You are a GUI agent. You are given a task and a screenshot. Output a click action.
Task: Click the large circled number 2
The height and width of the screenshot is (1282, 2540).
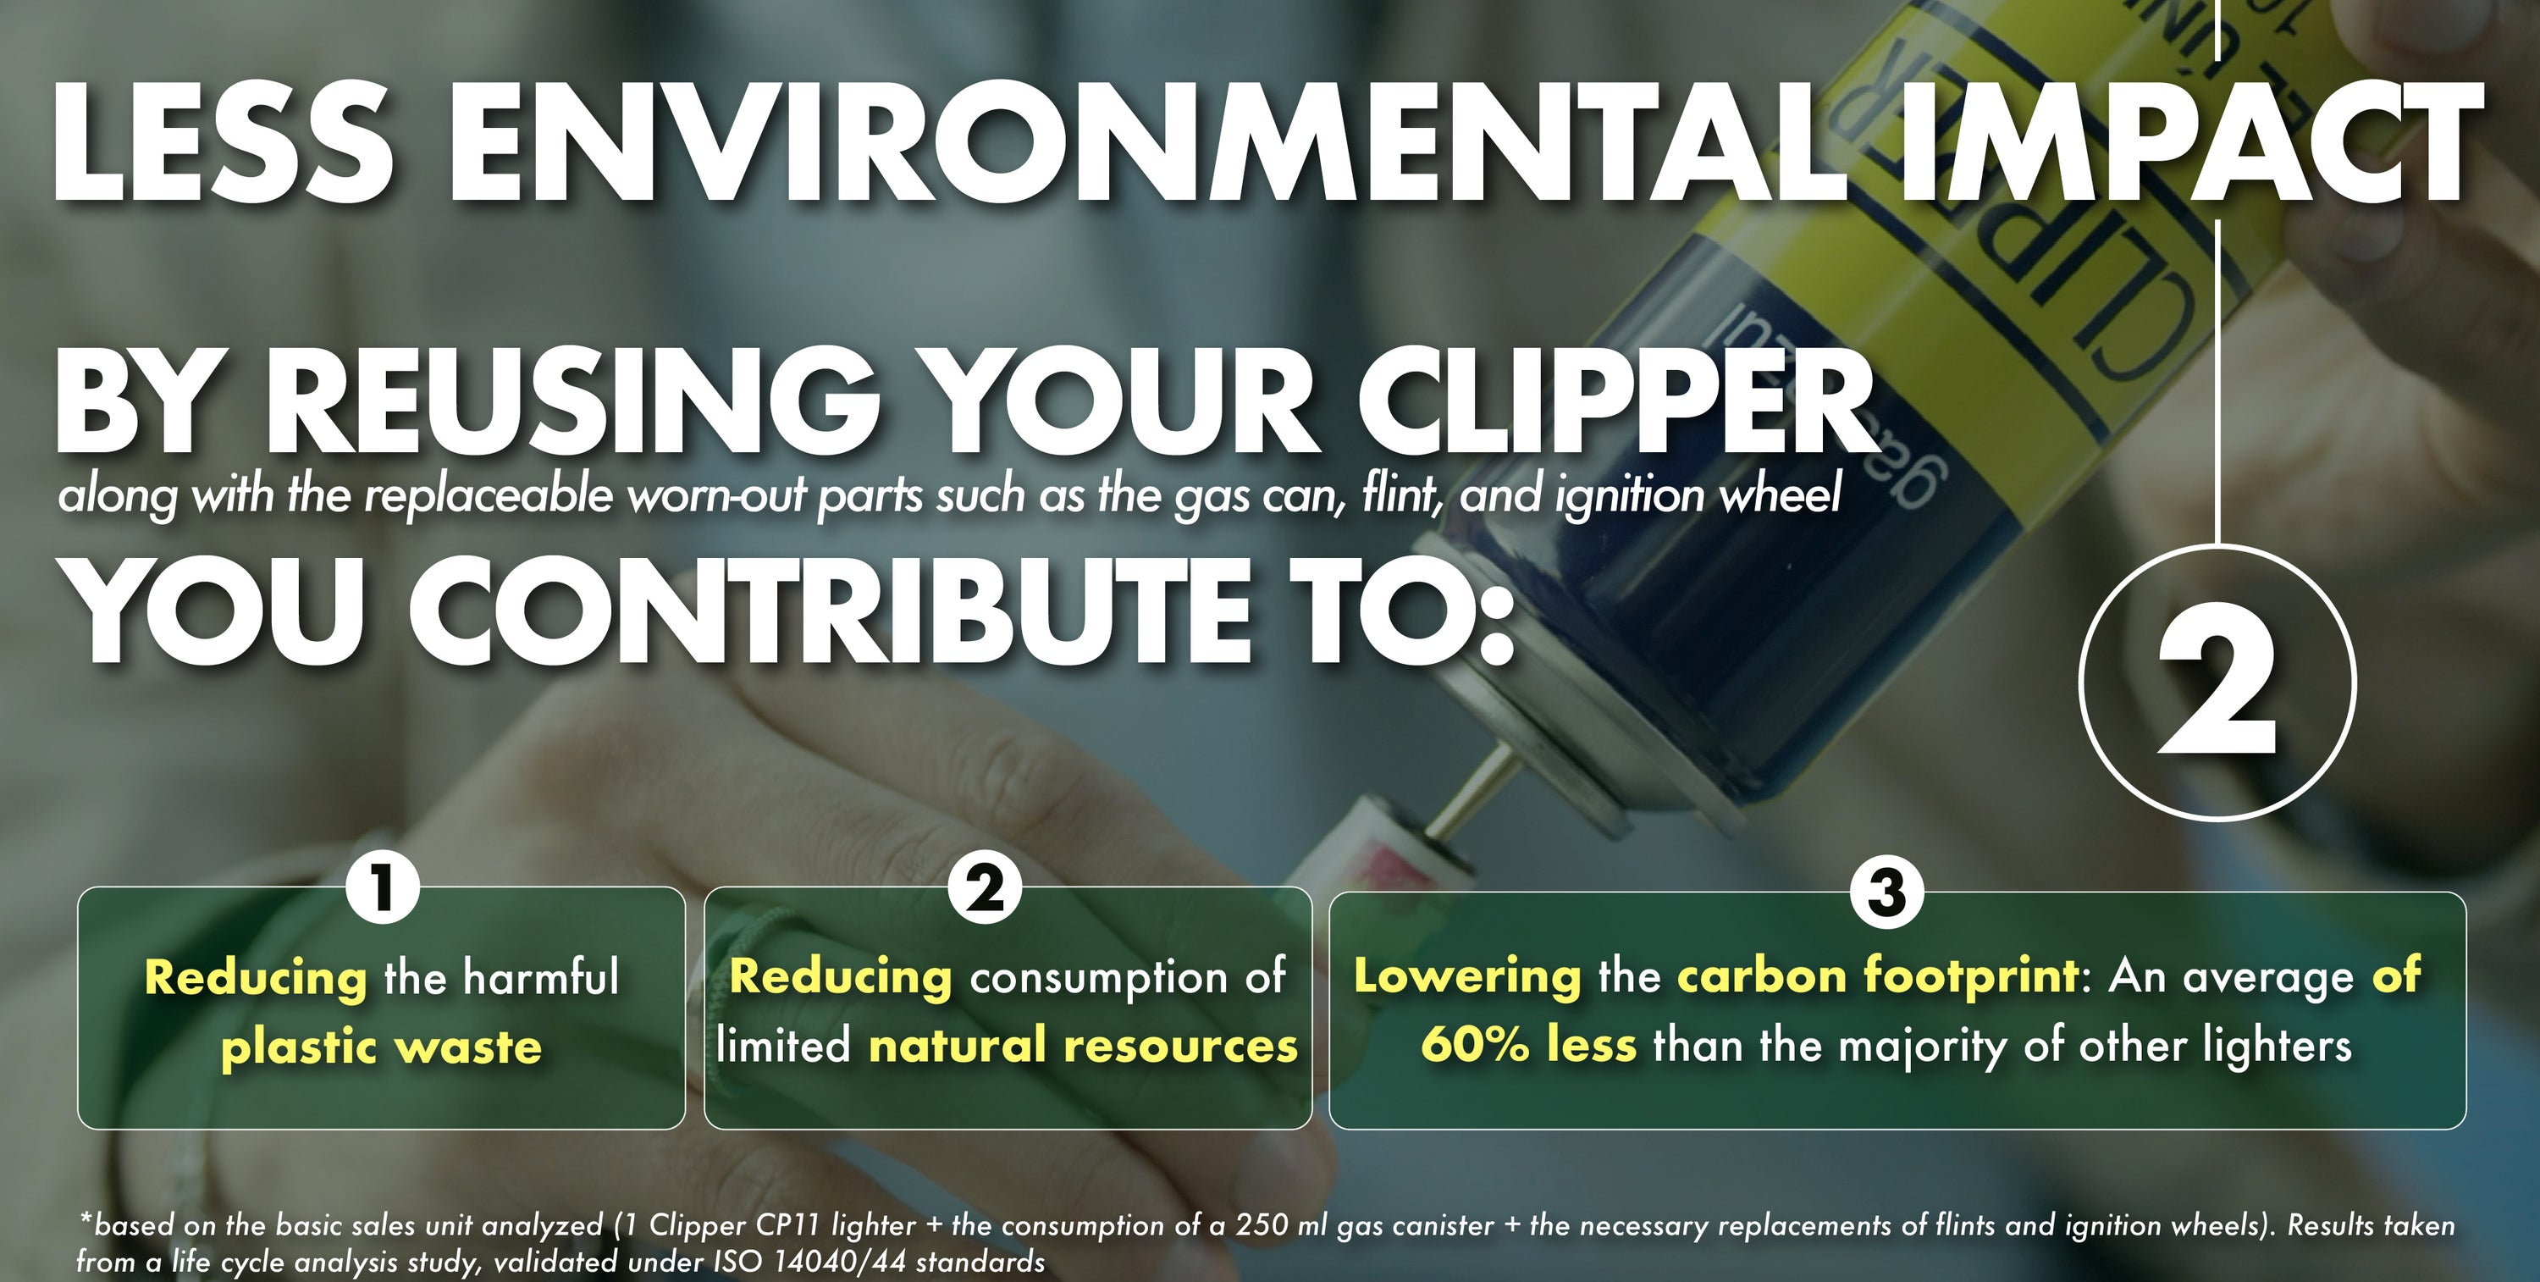(x=2217, y=683)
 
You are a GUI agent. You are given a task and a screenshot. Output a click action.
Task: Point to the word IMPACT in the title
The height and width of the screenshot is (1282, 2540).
(x=2189, y=143)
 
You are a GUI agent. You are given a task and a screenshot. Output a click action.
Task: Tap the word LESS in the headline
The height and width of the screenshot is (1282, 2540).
(x=222, y=143)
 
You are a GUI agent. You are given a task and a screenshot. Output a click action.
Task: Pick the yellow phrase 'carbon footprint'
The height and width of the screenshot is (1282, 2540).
(x=1879, y=976)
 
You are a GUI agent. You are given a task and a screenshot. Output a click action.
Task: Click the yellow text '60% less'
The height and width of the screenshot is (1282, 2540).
(x=1528, y=1043)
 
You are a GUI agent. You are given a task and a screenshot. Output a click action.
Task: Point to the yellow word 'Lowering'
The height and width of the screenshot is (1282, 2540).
(x=1466, y=976)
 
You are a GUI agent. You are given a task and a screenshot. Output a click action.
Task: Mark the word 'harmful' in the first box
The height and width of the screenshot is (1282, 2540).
(x=540, y=977)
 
